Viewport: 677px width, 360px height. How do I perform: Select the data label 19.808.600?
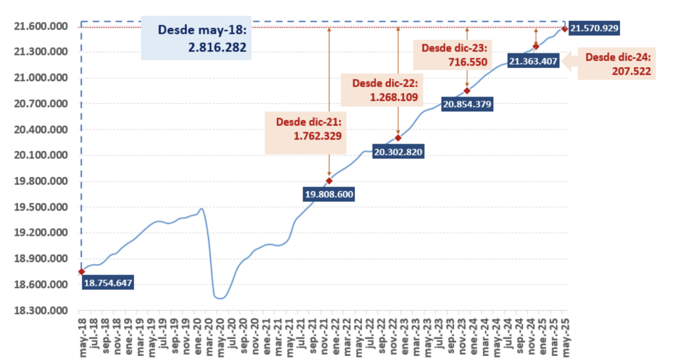pyautogui.click(x=329, y=194)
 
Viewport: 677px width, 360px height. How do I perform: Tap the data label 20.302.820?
pyautogui.click(x=398, y=152)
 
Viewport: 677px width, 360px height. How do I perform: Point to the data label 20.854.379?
pyautogui.click(x=467, y=104)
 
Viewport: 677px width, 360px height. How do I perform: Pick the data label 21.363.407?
pyautogui.click(x=533, y=61)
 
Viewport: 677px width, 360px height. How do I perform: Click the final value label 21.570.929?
pyautogui.click(x=594, y=28)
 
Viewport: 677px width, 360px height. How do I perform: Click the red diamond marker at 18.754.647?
pyautogui.click(x=81, y=272)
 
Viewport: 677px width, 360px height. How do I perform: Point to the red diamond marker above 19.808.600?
pyautogui.click(x=329, y=180)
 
